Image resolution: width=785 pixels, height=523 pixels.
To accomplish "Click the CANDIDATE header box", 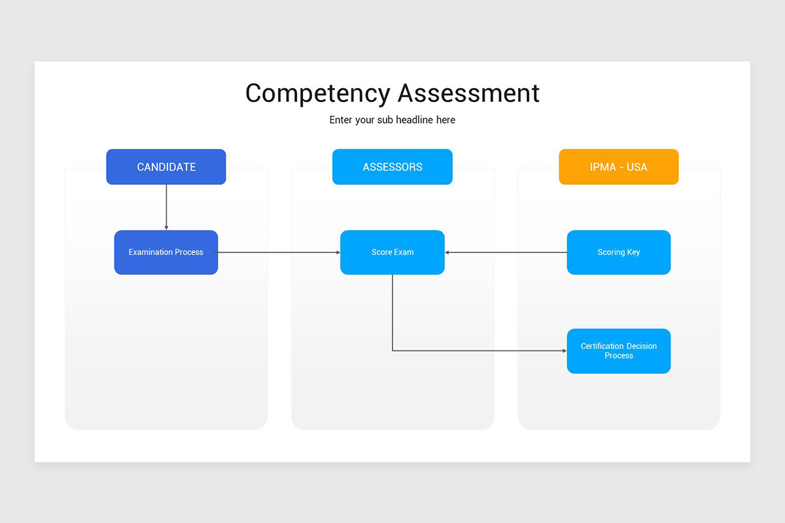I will coord(166,167).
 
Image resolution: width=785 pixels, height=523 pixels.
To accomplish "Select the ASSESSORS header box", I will coord(392,167).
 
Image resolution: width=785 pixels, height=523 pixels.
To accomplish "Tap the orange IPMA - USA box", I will coord(618,167).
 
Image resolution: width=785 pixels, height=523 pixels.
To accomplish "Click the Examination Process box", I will coord(166,252).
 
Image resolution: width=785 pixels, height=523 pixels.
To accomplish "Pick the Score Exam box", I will coord(392,252).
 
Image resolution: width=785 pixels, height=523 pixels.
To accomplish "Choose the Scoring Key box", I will coord(618,252).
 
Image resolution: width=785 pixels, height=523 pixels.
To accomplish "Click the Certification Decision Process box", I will coord(618,351).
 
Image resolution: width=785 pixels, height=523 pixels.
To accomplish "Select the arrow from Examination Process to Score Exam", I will coord(279,252).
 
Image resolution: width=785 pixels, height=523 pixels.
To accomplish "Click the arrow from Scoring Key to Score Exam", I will coord(506,252).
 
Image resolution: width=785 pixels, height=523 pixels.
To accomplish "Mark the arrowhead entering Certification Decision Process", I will coord(564,351).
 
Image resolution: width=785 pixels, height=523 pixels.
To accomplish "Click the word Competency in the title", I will coord(319,93).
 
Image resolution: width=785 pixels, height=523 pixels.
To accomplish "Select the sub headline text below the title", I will coord(392,120).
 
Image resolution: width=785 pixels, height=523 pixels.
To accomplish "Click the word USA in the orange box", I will coord(637,167).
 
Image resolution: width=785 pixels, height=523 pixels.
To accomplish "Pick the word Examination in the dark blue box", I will coord(151,252).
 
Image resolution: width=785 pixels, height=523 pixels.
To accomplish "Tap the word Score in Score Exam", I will coord(382,252).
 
